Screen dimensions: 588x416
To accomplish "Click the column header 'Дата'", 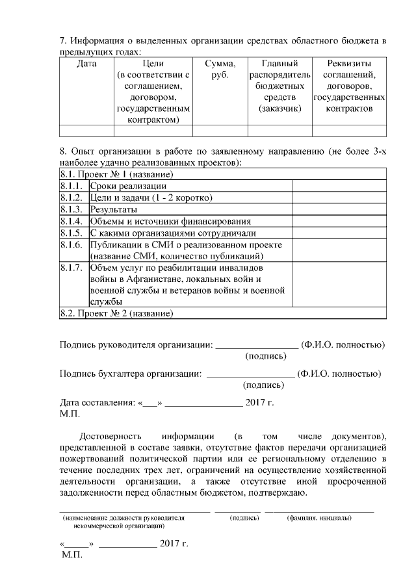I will point(86,64).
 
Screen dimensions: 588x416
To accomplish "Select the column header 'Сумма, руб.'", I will point(220,69).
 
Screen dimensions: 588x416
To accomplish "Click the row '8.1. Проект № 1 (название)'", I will point(116,174).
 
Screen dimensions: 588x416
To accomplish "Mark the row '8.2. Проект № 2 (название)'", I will point(116,313).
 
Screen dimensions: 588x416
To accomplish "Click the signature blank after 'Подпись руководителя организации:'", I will point(257,344).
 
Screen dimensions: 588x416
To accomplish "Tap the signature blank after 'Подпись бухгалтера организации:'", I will point(250,374).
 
